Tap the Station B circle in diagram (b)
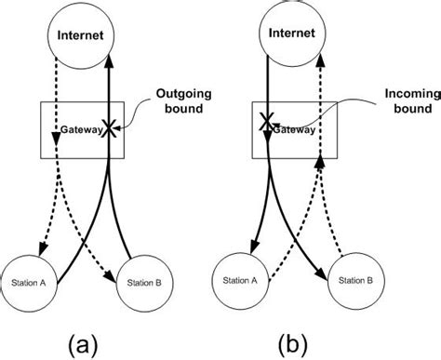pyautogui.click(x=354, y=276)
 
